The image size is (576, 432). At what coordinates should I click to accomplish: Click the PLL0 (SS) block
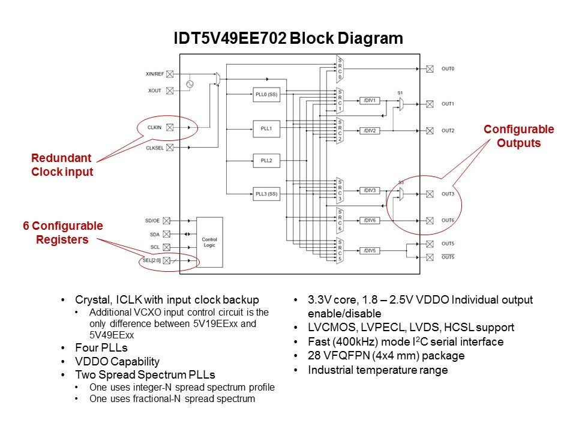tap(264, 94)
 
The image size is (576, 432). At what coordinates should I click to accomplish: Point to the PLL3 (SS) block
tap(264, 194)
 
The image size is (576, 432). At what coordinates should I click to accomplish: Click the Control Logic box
tap(209, 242)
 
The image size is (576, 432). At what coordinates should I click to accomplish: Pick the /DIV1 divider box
tap(370, 100)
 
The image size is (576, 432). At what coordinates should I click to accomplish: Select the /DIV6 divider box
tap(370, 220)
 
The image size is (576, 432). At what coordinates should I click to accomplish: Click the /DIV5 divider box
tap(370, 250)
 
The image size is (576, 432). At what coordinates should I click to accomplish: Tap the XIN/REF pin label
tap(155, 74)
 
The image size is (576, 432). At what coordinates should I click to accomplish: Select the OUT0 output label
tap(448, 69)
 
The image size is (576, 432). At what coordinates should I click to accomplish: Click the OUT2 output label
tap(448, 130)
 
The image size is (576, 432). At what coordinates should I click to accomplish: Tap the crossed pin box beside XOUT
tap(170, 91)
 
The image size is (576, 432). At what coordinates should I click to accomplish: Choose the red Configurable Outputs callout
tap(518, 136)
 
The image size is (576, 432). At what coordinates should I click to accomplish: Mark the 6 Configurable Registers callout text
tap(63, 233)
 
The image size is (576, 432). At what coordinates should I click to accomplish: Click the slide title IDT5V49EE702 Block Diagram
tap(288, 39)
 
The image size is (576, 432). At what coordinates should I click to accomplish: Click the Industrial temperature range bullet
tap(377, 370)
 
